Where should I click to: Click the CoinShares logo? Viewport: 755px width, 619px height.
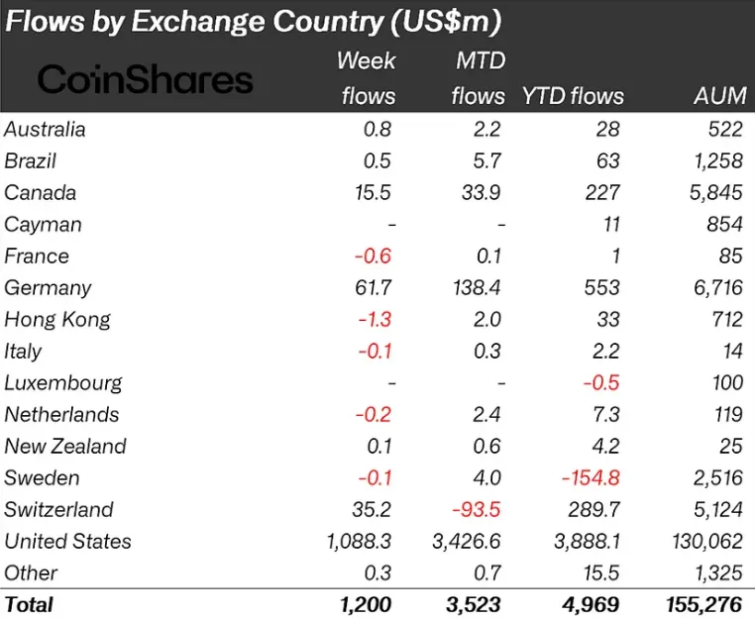pyautogui.click(x=146, y=79)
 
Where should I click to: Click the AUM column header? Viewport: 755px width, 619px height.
pyautogui.click(x=720, y=96)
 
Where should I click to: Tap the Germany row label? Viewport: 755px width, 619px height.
pyautogui.click(x=48, y=288)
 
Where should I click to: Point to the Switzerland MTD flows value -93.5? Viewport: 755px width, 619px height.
pyautogui.click(x=479, y=510)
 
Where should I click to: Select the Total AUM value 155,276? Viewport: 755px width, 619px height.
pyautogui.click(x=699, y=603)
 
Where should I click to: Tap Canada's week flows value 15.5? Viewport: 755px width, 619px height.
pyautogui.click(x=372, y=193)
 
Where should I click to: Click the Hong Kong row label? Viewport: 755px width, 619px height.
pyautogui.click(x=57, y=320)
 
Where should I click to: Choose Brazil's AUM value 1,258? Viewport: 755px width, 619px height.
pyautogui.click(x=714, y=161)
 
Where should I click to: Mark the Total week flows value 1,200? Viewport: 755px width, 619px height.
pyautogui.click(x=361, y=603)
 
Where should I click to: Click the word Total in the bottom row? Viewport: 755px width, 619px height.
pyautogui.click(x=29, y=603)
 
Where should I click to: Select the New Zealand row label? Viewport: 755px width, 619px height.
pyautogui.click(x=65, y=447)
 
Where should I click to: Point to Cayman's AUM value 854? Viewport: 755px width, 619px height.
pyautogui.click(x=724, y=225)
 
